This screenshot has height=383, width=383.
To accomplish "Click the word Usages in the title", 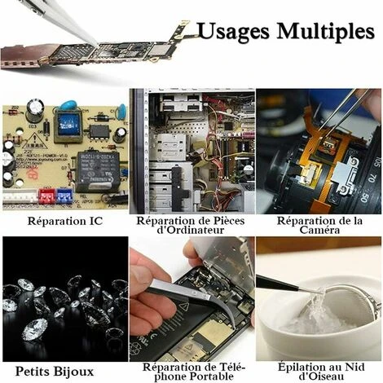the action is click(x=234, y=32).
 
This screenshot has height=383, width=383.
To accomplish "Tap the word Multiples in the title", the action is click(x=326, y=30).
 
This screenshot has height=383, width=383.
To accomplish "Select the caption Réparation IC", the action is click(x=65, y=221).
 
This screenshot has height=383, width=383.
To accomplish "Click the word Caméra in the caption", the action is click(x=319, y=230).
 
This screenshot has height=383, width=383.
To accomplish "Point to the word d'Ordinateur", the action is click(x=191, y=230).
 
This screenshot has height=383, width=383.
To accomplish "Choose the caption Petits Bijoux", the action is click(x=55, y=372).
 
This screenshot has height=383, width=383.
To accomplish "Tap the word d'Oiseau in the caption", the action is click(x=321, y=376).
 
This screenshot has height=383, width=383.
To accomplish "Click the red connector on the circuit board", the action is click(x=47, y=196).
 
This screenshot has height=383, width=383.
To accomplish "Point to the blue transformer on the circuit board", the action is click(x=68, y=126).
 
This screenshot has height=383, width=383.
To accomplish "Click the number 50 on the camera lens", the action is click(x=365, y=198).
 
